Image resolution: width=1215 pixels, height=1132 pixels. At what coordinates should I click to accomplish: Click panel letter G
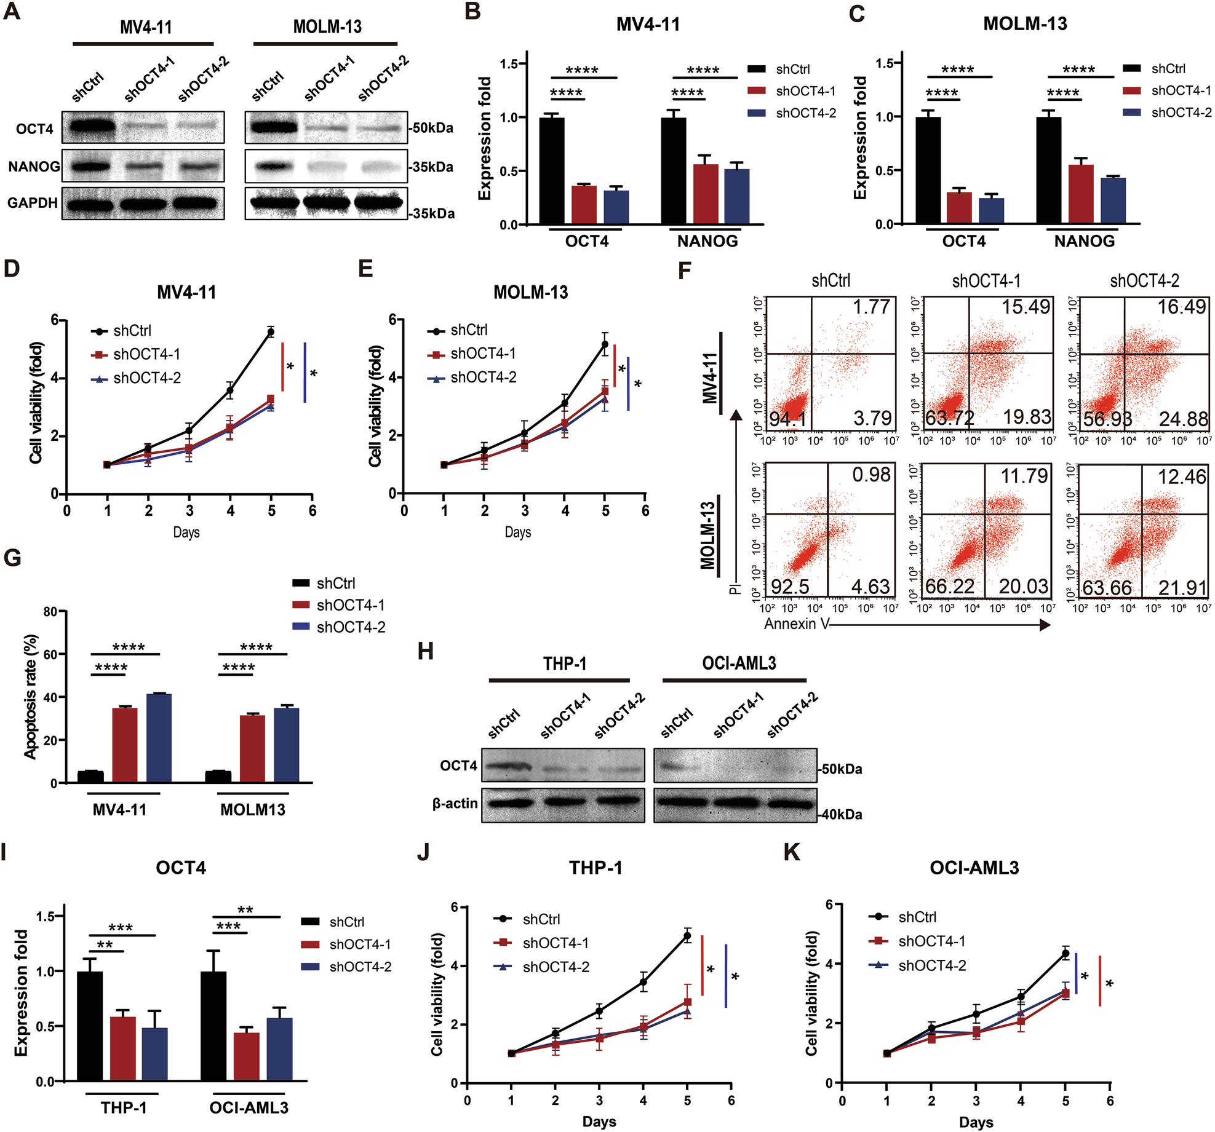(12, 558)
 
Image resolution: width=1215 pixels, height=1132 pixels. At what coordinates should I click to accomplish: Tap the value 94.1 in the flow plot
(788, 419)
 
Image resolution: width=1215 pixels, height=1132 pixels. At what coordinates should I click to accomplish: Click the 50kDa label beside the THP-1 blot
(842, 769)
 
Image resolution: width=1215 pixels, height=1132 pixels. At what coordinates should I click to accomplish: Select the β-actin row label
(455, 803)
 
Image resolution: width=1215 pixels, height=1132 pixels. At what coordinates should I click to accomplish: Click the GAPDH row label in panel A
(32, 203)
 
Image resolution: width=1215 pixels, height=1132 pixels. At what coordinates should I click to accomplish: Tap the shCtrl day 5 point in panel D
(271, 332)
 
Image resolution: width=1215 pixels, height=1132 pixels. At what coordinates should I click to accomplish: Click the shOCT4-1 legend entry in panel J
(555, 943)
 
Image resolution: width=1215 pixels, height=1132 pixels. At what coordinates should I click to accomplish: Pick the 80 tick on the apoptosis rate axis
(50, 612)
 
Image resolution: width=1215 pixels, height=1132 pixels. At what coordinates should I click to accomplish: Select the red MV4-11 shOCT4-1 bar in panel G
(125, 745)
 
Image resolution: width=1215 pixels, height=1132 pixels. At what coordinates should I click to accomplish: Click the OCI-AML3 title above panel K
(974, 868)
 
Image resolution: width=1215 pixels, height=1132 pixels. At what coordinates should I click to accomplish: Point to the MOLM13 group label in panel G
(253, 810)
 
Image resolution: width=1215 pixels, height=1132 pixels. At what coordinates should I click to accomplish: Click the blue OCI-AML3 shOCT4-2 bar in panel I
(279, 1049)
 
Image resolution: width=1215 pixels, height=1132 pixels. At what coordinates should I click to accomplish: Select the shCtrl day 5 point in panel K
(1066, 954)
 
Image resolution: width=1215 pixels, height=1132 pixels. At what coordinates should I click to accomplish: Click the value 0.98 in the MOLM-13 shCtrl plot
(871, 475)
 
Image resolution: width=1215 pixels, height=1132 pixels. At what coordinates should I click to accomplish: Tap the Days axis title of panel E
(517, 532)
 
